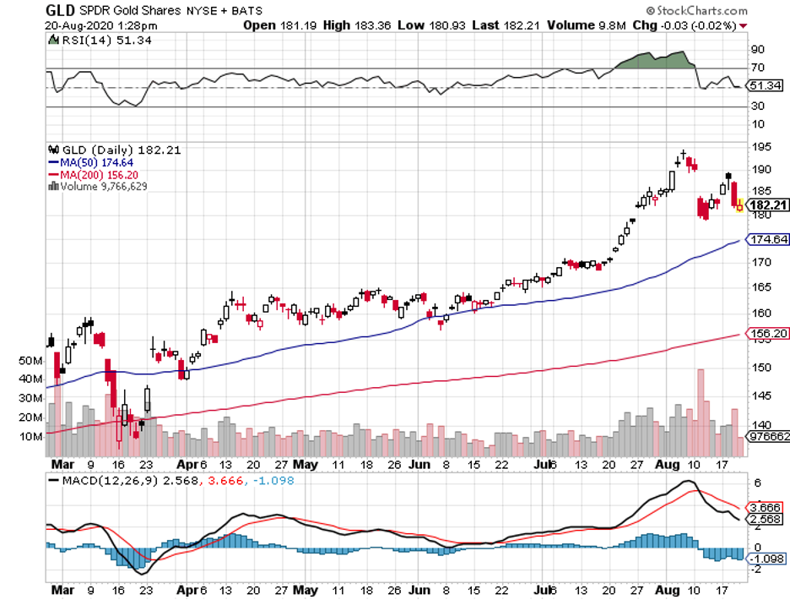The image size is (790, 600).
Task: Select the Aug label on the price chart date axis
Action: coord(670,465)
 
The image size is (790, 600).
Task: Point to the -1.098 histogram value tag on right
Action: coord(766,559)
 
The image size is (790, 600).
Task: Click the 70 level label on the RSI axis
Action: coord(758,68)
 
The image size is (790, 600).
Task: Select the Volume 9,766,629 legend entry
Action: coord(100,185)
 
